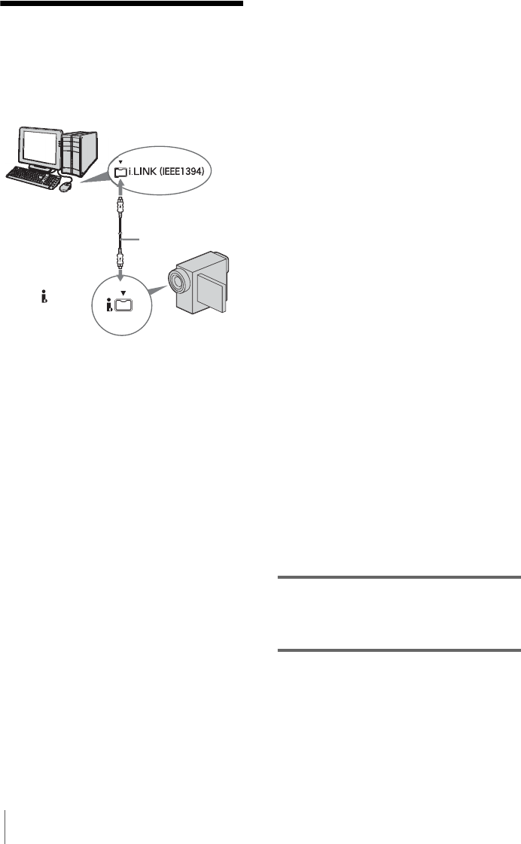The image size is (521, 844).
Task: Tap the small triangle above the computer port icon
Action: tap(121, 161)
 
